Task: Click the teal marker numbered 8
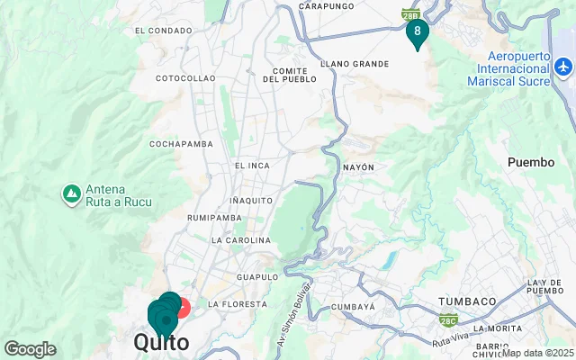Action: click(417, 31)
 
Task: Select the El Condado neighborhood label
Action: click(164, 30)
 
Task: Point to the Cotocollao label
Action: click(185, 78)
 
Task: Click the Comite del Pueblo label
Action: click(290, 75)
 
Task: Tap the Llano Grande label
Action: click(355, 64)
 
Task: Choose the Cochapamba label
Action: click(180, 143)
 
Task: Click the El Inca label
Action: click(252, 166)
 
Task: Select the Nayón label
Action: click(358, 167)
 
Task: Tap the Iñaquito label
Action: click(251, 199)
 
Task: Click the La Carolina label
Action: click(240, 240)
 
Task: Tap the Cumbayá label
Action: click(352, 307)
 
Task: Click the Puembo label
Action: click(532, 163)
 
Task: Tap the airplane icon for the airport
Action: click(563, 67)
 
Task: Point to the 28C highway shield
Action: click(448, 319)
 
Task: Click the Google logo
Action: click(30, 348)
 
